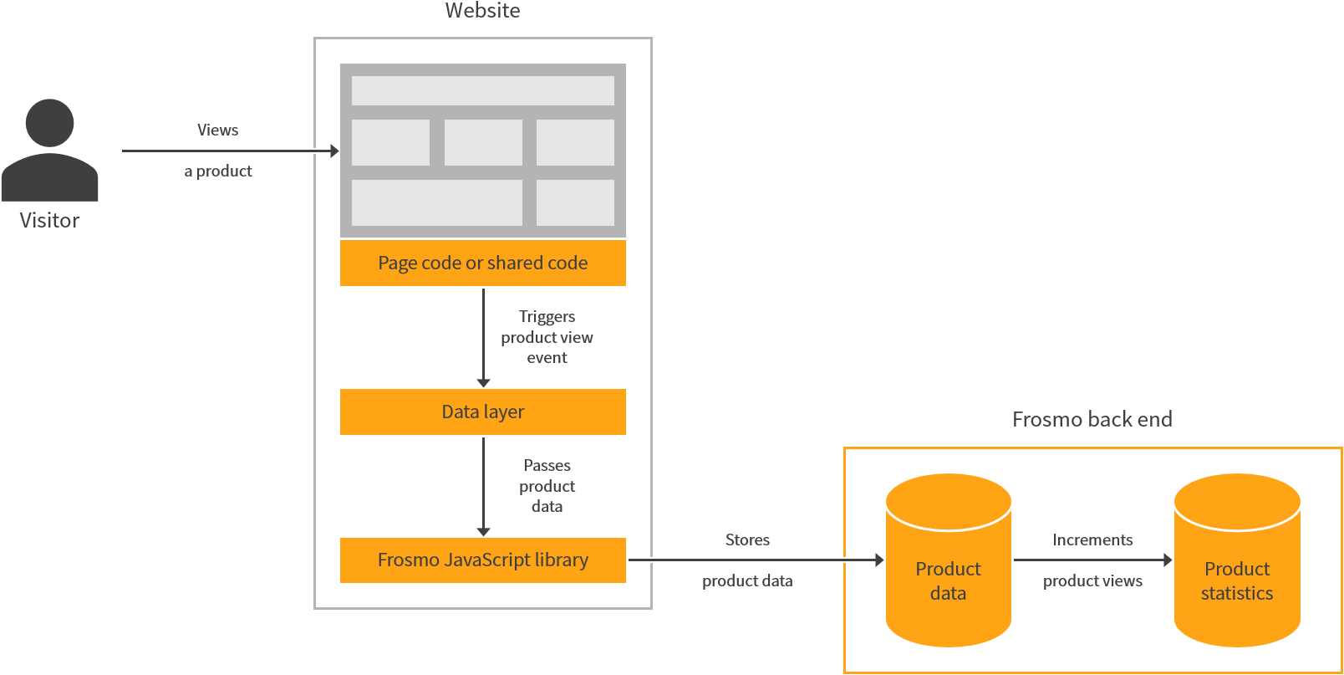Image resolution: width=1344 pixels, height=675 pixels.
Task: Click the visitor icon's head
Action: pyautogui.click(x=49, y=123)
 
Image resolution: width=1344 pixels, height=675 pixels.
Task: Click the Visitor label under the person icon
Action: pyautogui.click(x=49, y=221)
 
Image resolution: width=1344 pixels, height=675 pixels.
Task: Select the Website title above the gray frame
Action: pyautogui.click(x=482, y=11)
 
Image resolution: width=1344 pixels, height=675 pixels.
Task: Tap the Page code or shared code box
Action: pyautogui.click(x=482, y=263)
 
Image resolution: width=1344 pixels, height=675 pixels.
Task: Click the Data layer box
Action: pyautogui.click(x=482, y=412)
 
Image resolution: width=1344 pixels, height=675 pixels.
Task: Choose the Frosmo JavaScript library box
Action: pyautogui.click(x=482, y=560)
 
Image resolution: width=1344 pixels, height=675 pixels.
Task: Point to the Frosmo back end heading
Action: pyautogui.click(x=1092, y=419)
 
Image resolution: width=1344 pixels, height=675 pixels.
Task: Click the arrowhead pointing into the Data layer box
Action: pyautogui.click(x=483, y=382)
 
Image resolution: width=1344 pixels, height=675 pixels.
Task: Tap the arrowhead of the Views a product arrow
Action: pyautogui.click(x=334, y=151)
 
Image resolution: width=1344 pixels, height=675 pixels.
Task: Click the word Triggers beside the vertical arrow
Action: pyautogui.click(x=547, y=317)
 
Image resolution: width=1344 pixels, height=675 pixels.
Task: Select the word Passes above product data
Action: pyautogui.click(x=547, y=465)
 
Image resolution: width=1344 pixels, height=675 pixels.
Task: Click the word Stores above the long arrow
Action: pyautogui.click(x=747, y=540)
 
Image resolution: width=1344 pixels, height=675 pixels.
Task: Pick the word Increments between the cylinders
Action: pyautogui.click(x=1092, y=540)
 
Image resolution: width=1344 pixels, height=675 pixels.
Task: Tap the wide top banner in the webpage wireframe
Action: pyautogui.click(x=482, y=90)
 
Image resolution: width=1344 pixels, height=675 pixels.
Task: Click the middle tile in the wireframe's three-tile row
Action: pyautogui.click(x=483, y=142)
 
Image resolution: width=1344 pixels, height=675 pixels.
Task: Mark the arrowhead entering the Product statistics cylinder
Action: pyautogui.click(x=1168, y=560)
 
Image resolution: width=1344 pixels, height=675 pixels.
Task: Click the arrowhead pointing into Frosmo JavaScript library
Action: pyautogui.click(x=483, y=531)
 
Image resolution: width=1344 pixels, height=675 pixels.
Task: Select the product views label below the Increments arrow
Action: pyautogui.click(x=1092, y=581)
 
